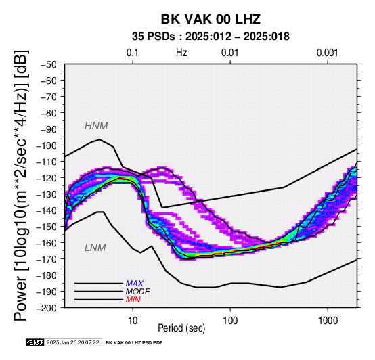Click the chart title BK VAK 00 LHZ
tap(211, 19)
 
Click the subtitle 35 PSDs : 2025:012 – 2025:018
tap(211, 37)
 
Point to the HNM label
tap(96, 126)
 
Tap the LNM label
tap(95, 248)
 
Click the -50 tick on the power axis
tap(49, 64)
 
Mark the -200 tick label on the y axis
tap(47, 308)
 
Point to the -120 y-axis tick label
tap(47, 178)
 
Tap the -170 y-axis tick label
tap(47, 259)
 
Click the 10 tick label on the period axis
tap(133, 321)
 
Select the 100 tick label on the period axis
tap(230, 321)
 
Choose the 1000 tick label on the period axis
tap(328, 321)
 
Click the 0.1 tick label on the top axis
tap(133, 53)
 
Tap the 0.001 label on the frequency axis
tap(328, 53)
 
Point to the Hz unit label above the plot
tap(181, 53)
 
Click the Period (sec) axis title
tap(181, 328)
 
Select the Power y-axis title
tap(20, 185)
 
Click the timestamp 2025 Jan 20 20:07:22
tap(72, 342)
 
